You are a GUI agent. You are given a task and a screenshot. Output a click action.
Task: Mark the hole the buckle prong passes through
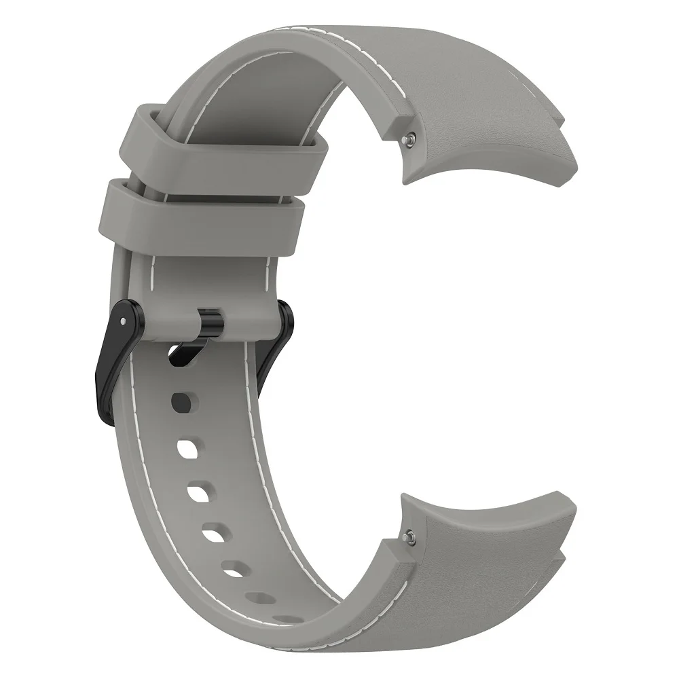click(182, 354)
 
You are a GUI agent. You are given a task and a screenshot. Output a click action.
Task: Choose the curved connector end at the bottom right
click(489, 543)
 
